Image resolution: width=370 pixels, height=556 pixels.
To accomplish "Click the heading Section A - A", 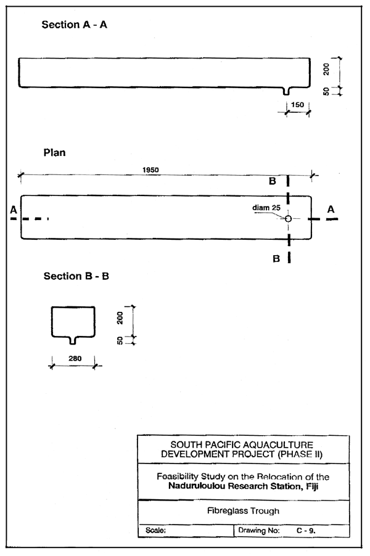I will coord(75,25).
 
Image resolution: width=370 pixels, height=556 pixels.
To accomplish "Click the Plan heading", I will coord(54,152).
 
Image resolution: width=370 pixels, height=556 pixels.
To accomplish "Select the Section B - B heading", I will coord(76,276).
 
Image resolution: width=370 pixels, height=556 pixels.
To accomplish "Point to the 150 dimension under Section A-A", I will coord(297,105).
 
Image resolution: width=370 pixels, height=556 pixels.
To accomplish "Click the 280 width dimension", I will coord(73,358).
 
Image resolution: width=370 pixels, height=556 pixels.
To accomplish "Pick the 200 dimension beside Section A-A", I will coord(327,70).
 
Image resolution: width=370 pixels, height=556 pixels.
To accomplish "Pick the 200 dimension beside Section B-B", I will coord(121,317).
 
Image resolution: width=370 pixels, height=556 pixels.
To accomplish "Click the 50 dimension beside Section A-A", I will coord(327,91).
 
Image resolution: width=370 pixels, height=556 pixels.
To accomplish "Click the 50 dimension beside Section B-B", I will coord(121,340).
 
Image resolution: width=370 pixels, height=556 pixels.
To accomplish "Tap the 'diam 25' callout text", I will coord(266,208).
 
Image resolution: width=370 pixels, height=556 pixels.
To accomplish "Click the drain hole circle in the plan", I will coord(288,218).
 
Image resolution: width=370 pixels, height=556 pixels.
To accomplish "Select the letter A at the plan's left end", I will coord(13,210).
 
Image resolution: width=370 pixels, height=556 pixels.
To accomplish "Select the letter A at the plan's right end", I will coord(331,210).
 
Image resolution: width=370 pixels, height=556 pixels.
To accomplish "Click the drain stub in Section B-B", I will coord(73,339).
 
